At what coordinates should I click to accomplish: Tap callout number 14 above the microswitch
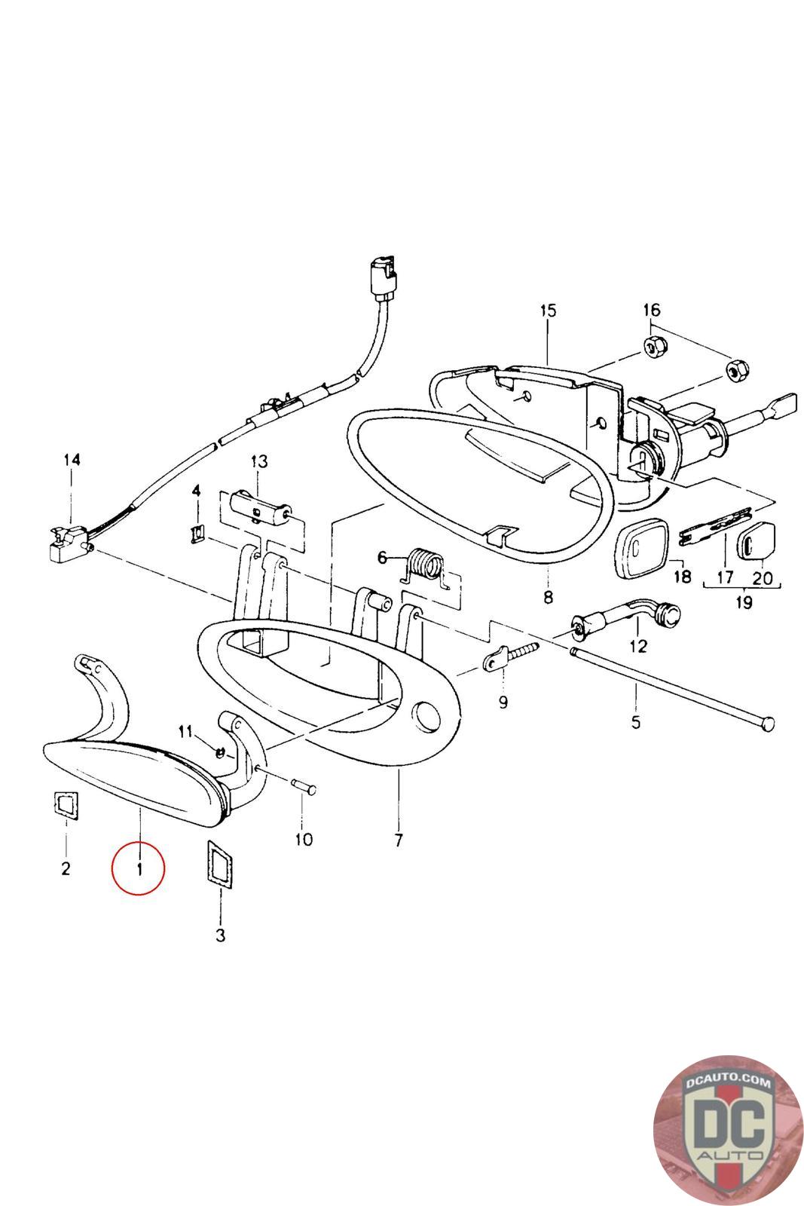click(x=72, y=460)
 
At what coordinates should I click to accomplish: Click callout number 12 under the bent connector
click(x=637, y=645)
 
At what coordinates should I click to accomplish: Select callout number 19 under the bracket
click(x=743, y=601)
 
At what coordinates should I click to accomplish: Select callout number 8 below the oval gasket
click(x=548, y=596)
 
